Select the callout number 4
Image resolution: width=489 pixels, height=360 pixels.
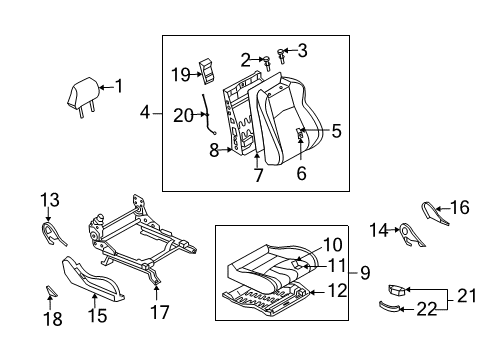point(145,113)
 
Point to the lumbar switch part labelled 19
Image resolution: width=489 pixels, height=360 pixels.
point(208,69)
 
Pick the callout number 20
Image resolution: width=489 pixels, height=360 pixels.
point(182,115)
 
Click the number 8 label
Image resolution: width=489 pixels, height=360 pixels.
point(213,151)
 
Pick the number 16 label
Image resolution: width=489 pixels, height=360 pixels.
point(459,208)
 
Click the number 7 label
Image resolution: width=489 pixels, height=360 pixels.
point(258,176)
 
